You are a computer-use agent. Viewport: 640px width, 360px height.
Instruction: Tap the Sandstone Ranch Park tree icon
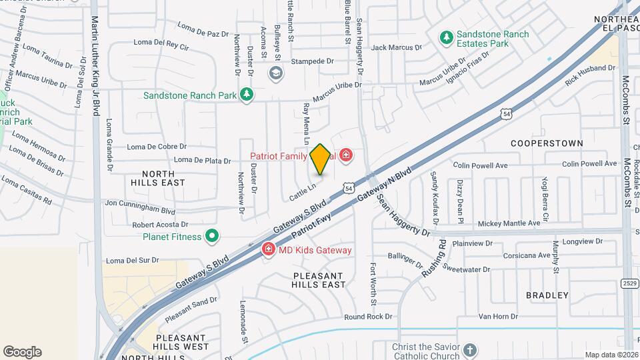247,95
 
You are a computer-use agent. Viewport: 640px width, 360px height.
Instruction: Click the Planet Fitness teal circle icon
212,236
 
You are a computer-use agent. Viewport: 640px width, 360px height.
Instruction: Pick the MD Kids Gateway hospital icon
267,250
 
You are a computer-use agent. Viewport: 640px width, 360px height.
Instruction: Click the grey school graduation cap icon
275,73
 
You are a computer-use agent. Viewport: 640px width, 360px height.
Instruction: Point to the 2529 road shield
629,284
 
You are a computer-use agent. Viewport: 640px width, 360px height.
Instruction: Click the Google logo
22,352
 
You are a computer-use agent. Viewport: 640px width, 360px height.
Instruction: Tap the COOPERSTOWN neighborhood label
547,143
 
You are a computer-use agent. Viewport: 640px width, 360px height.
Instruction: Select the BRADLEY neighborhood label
547,295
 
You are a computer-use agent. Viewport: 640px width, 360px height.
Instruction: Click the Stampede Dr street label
311,61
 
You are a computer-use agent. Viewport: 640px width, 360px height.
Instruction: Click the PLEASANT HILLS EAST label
319,280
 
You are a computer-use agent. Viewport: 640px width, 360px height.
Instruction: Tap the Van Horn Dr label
498,317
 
